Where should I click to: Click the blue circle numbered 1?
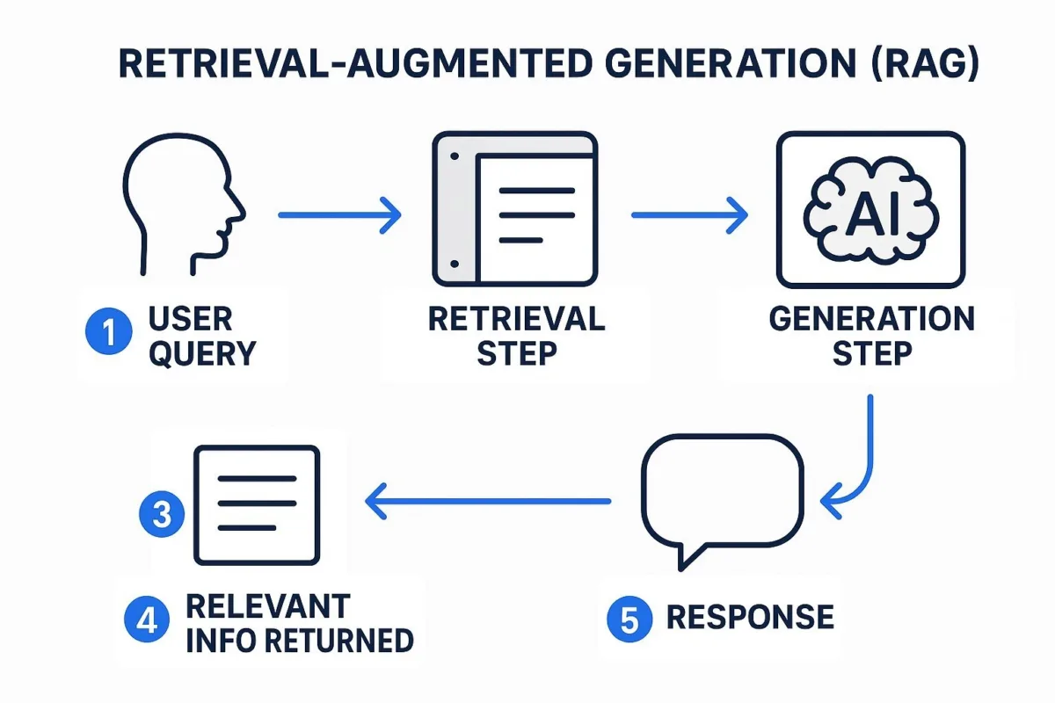[108, 330]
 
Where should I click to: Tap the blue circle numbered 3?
[162, 514]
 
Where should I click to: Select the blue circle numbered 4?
[147, 620]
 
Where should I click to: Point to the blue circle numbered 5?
[629, 619]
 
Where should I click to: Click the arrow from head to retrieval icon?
[339, 215]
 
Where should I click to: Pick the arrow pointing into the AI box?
[689, 215]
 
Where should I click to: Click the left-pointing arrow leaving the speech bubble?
[488, 501]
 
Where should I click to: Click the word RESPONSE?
[750, 617]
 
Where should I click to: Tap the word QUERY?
[202, 353]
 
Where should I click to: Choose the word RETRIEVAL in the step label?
[517, 319]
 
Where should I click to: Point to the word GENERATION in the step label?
[872, 319]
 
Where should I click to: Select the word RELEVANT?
[268, 606]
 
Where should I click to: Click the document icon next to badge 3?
[257, 504]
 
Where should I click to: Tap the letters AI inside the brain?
[872, 214]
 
